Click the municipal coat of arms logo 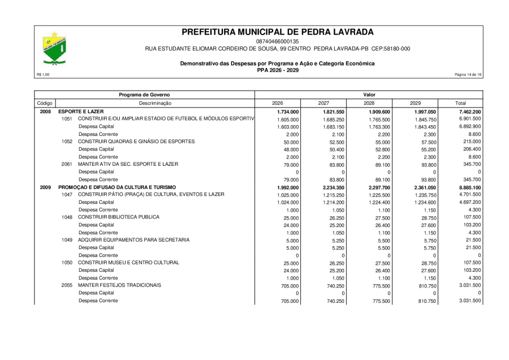[54, 49]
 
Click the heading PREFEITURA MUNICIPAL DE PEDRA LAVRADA [278, 32]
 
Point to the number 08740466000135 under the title [278, 41]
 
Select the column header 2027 [323, 103]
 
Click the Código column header [45, 103]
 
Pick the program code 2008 [45, 112]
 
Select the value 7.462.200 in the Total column [469, 112]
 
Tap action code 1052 [67, 142]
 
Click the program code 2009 [45, 187]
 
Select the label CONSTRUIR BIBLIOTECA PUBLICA [119, 217]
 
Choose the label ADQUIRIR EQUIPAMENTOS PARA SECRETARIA [133, 240]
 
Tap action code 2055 [67, 285]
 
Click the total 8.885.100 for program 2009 [469, 187]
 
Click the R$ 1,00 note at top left [42, 75]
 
